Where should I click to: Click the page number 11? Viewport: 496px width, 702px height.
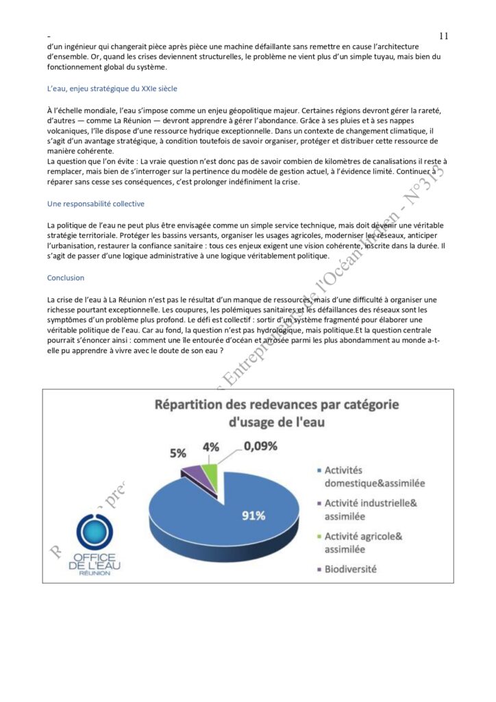[443, 36]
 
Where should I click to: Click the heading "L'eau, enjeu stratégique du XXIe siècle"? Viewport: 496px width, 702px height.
[112, 89]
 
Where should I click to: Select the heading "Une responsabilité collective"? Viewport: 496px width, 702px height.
[95, 204]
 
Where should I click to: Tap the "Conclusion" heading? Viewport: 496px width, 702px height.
[66, 278]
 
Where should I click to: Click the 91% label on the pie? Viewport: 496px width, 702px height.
[253, 516]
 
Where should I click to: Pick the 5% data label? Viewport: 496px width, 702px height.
[178, 453]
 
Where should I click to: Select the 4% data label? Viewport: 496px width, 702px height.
[210, 447]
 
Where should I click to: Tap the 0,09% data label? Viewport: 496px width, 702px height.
[260, 446]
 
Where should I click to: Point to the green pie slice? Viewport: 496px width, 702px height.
[210, 472]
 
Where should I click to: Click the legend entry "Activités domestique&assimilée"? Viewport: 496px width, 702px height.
[373, 476]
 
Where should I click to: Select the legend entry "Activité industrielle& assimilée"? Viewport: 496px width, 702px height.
[370, 509]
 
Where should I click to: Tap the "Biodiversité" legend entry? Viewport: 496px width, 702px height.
[350, 568]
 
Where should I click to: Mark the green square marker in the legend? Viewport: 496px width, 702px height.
[317, 536]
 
